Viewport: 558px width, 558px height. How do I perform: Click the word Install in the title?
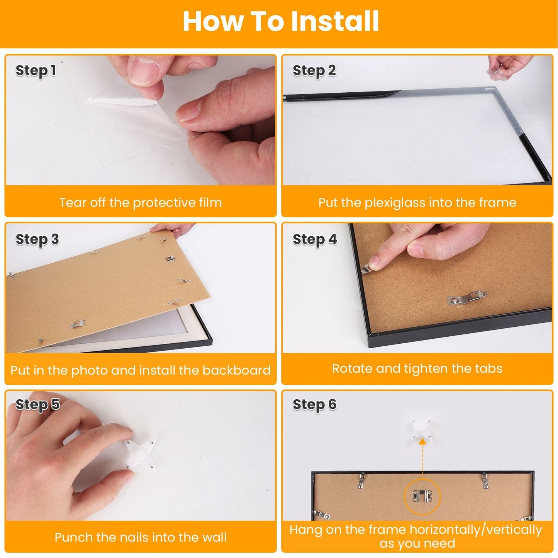pos(334,21)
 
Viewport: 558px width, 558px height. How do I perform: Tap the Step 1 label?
pos(36,71)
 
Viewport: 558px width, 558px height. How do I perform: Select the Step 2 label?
pos(314,71)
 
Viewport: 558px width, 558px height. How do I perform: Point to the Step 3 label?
pos(37,239)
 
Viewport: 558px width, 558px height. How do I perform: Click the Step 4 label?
pos(315,239)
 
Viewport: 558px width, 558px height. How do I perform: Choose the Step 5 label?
pos(37,405)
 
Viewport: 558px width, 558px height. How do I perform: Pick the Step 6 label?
pos(314,405)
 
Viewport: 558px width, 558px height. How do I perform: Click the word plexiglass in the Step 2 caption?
pos(395,203)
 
